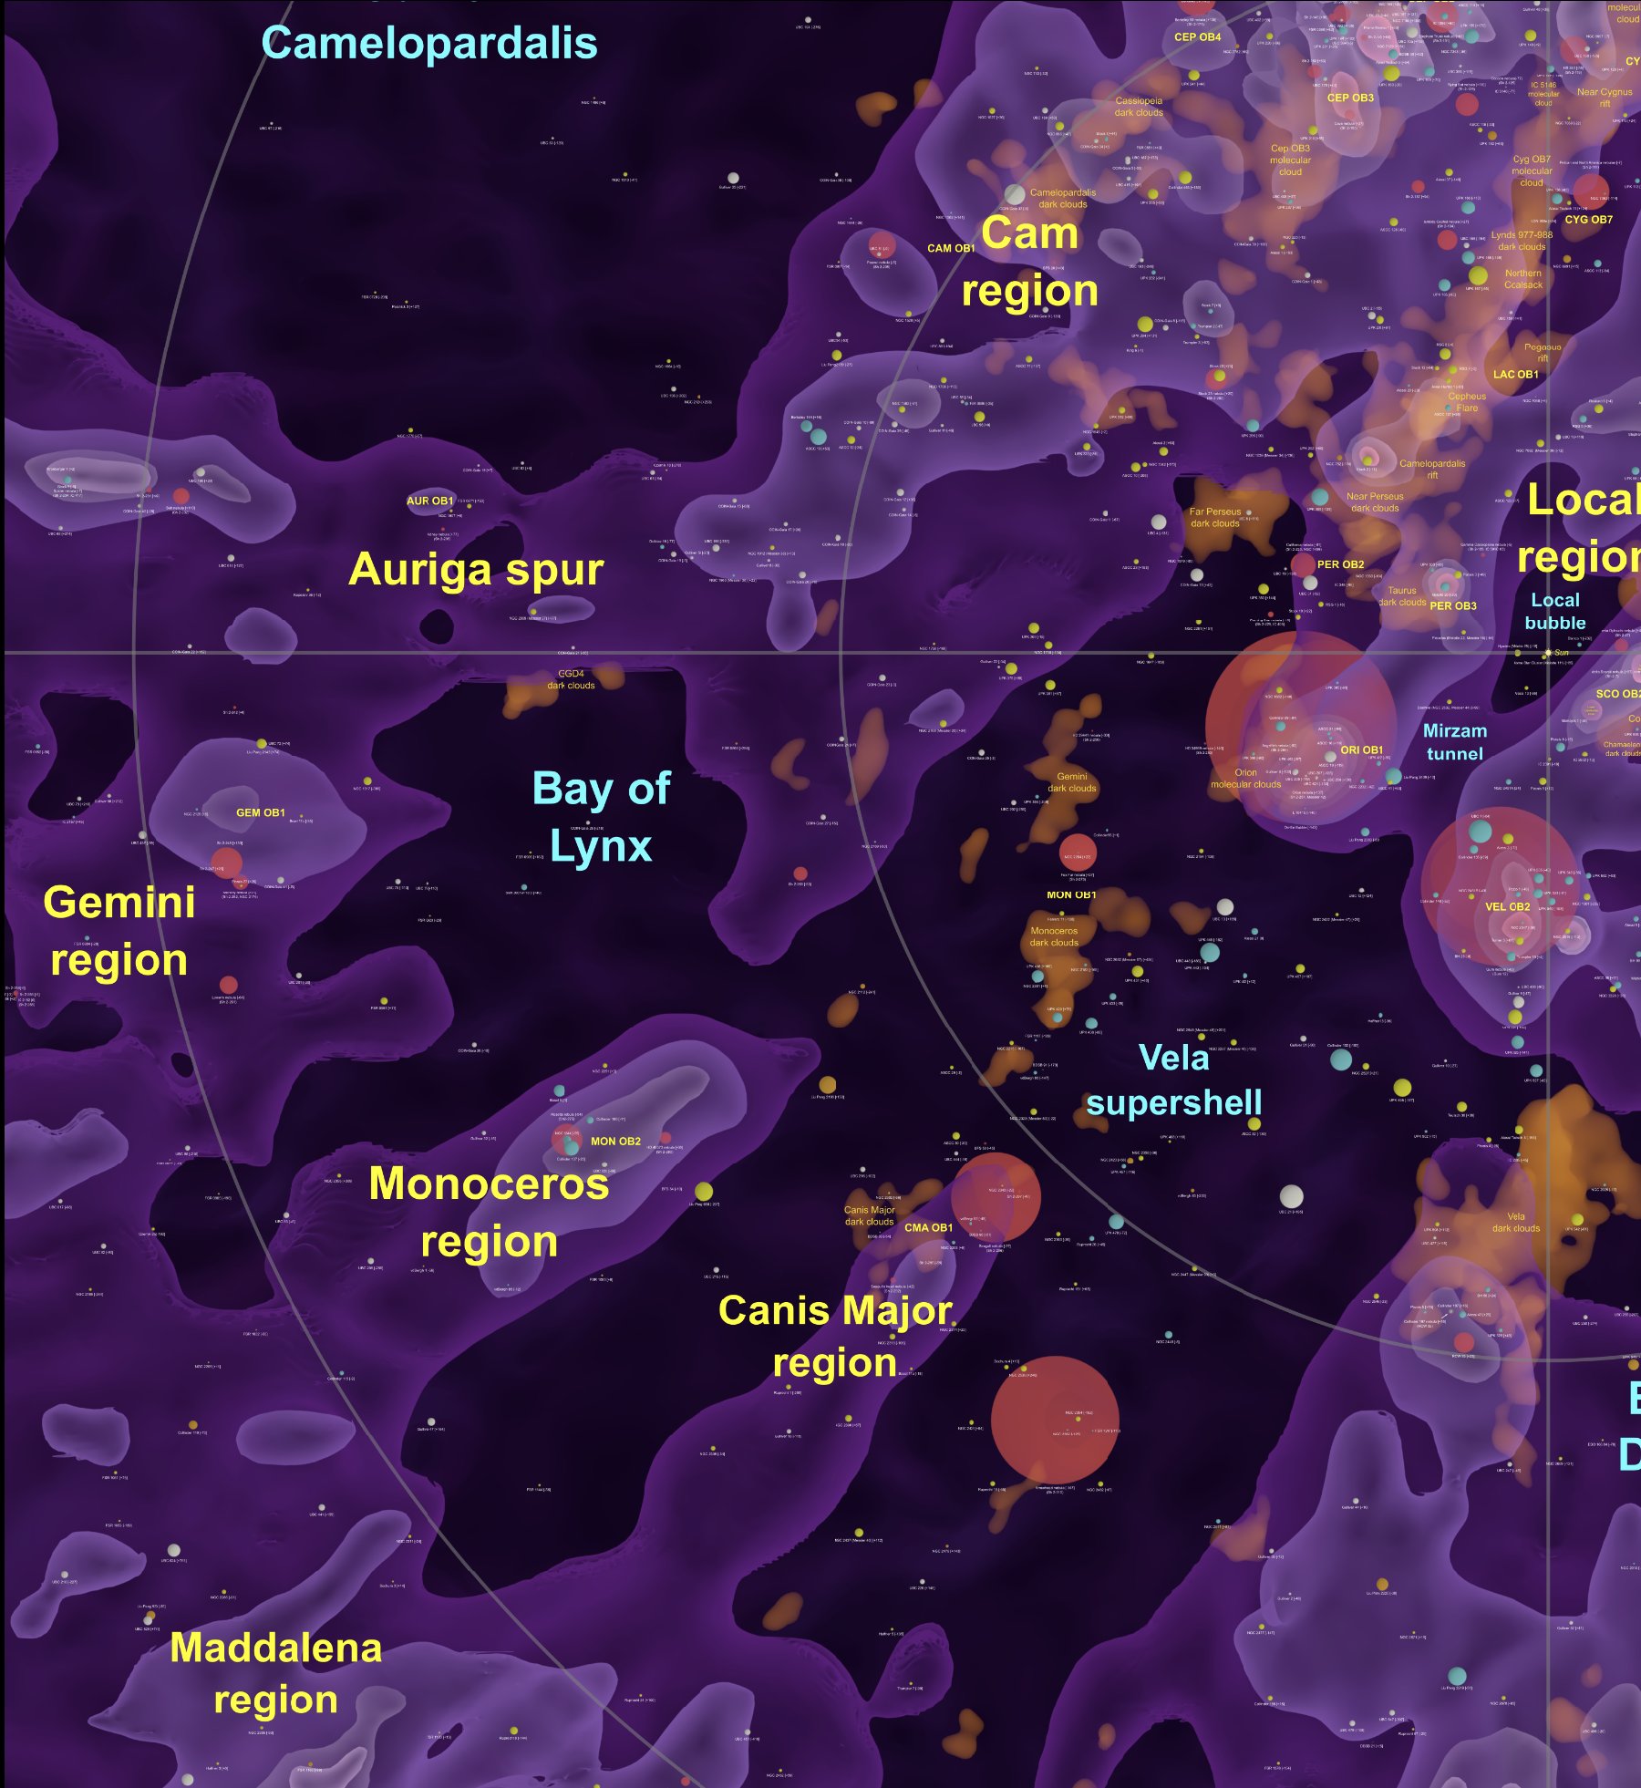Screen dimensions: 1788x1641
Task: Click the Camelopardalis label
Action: [x=428, y=43]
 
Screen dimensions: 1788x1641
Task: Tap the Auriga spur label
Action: [x=476, y=570]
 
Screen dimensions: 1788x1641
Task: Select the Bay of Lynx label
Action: [x=601, y=817]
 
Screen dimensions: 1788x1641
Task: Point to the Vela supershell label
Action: [x=1174, y=1080]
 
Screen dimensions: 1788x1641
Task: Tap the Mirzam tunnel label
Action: [x=1454, y=742]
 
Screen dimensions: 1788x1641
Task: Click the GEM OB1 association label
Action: [x=261, y=812]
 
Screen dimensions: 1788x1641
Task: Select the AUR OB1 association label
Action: [x=429, y=501]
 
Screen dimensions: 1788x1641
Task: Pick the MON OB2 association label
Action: [x=615, y=1141]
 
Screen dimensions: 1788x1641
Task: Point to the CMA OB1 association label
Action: [x=928, y=1227]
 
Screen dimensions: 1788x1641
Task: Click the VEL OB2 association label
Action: [x=1507, y=906]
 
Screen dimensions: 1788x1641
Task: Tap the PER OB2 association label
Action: [x=1340, y=564]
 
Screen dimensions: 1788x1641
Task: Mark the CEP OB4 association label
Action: [x=1197, y=37]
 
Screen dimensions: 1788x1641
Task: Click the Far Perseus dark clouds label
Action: [x=1215, y=517]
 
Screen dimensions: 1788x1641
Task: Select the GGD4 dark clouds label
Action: [x=571, y=679]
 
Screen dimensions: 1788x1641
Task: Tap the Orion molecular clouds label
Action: [x=1245, y=778]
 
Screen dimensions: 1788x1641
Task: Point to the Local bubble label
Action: [x=1555, y=611]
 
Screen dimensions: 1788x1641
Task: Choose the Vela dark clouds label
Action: [x=1515, y=1222]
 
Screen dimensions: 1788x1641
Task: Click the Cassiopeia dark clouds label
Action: [x=1139, y=107]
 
